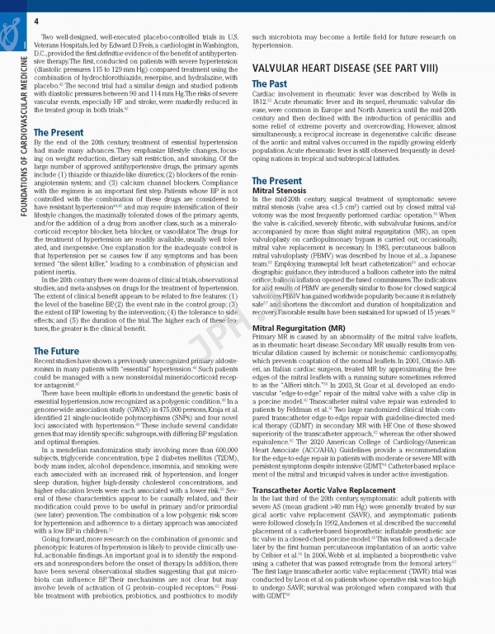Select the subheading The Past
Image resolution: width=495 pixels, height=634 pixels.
point(270,84)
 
